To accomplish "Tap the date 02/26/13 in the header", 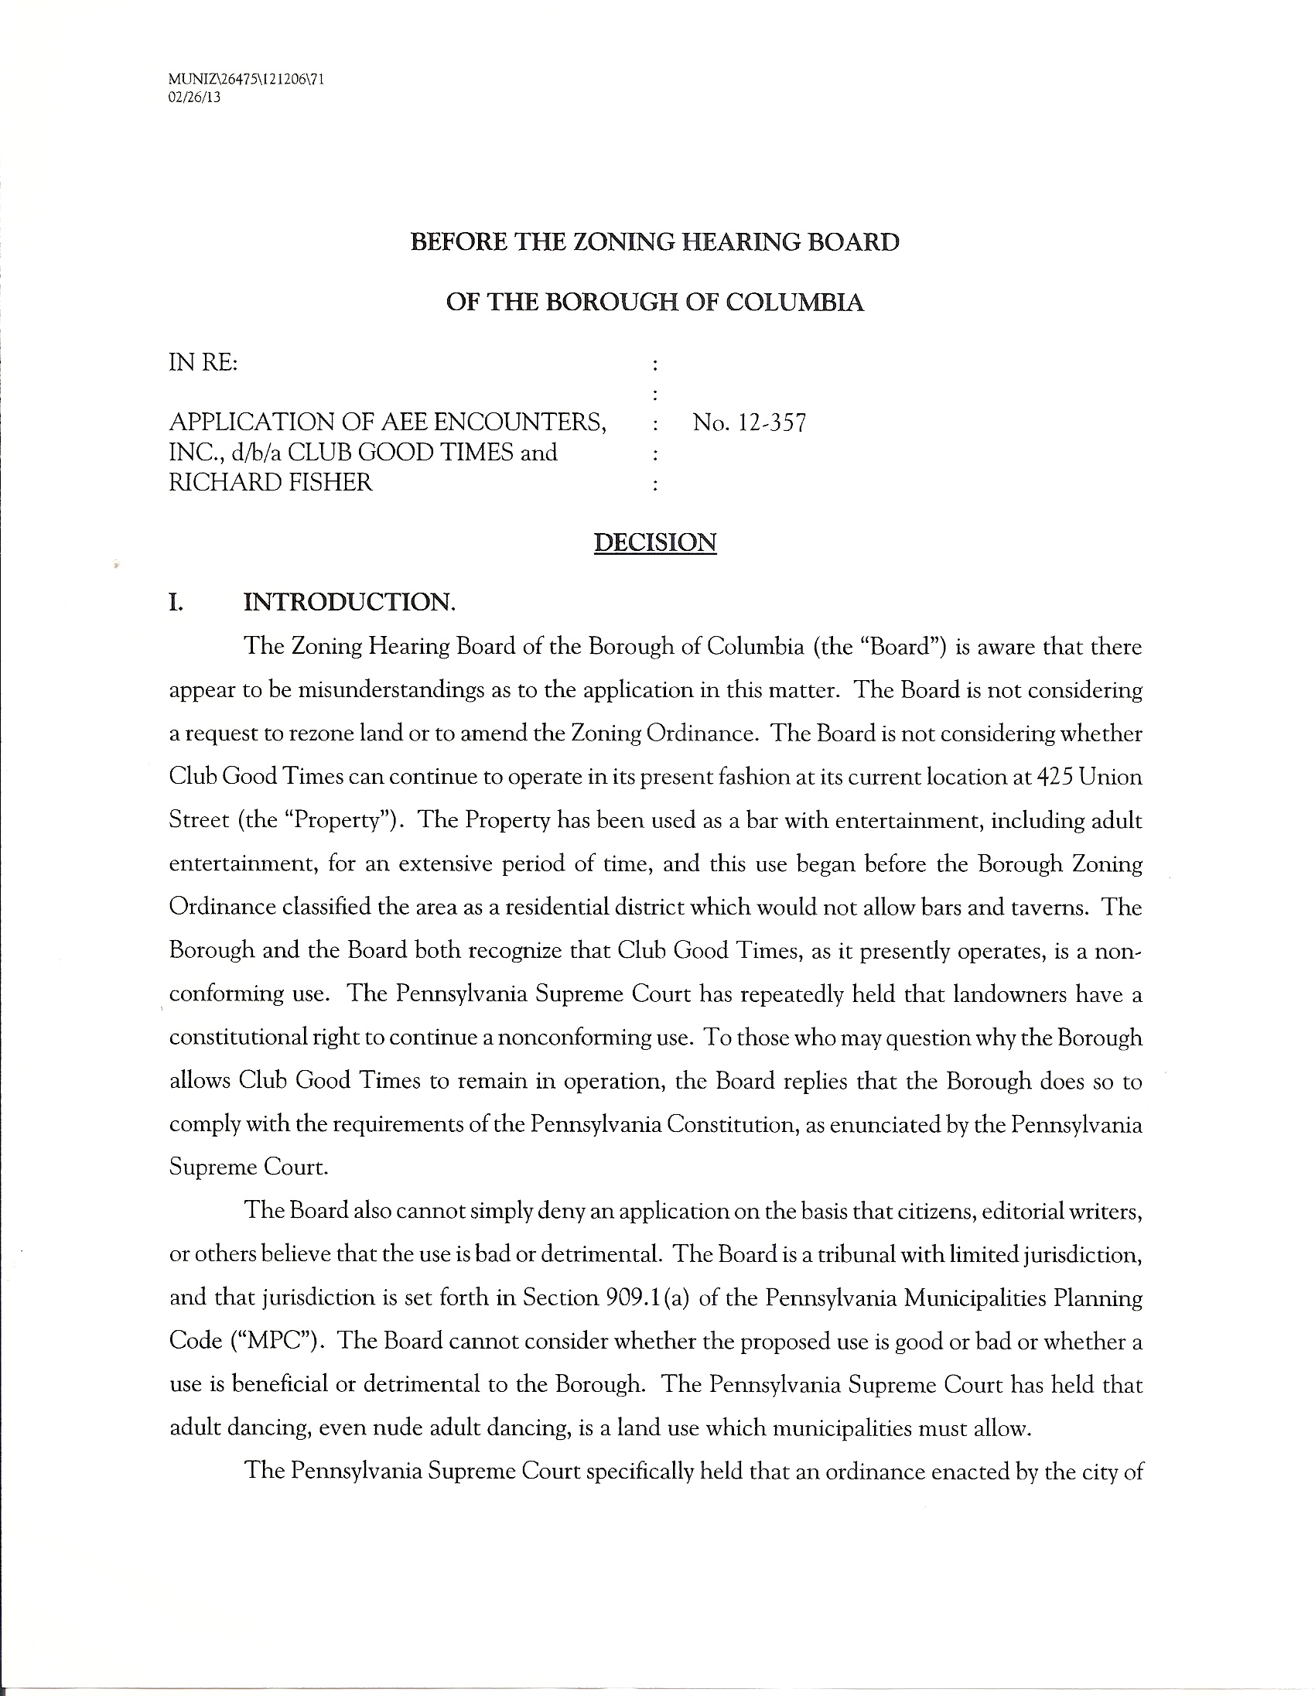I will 194,97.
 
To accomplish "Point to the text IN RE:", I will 203,363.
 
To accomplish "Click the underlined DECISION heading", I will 655,542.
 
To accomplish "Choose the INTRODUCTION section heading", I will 350,602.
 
